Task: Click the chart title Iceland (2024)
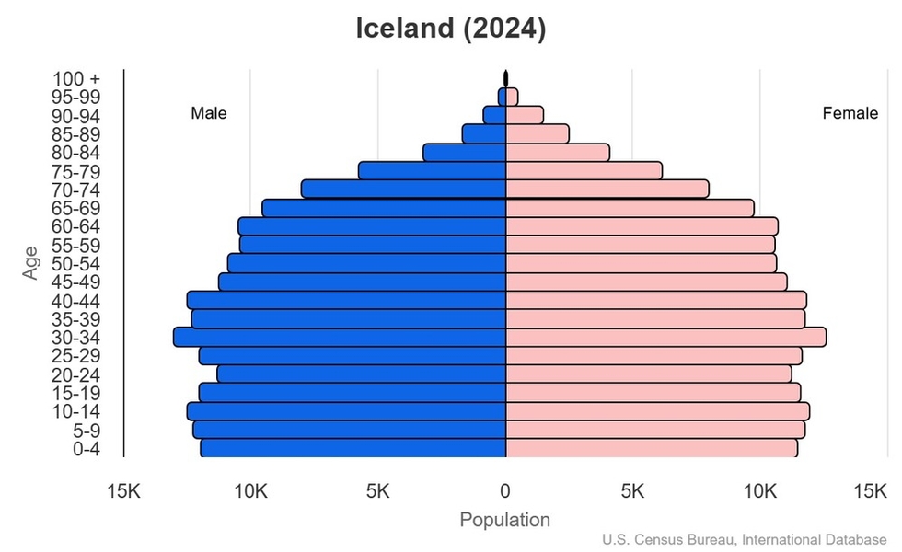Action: point(451,29)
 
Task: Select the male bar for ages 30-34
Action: point(341,338)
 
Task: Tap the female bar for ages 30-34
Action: point(665,338)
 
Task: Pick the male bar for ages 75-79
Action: point(433,171)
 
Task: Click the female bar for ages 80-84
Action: point(557,153)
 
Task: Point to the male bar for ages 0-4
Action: point(353,448)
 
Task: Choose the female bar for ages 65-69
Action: point(630,208)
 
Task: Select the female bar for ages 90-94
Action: point(525,115)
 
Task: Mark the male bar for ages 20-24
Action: point(362,374)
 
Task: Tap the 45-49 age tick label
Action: point(75,282)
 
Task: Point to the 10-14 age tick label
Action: point(75,411)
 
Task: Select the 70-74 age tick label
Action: point(75,190)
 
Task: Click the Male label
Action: point(209,114)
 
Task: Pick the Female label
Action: point(850,114)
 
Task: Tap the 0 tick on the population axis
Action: point(505,492)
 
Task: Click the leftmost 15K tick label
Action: point(123,492)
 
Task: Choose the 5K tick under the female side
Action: point(632,492)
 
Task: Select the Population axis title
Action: point(504,520)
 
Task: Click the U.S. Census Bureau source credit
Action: point(749,540)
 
